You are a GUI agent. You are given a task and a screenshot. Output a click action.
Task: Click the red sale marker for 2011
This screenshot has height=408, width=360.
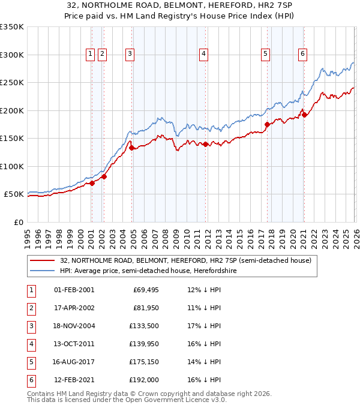[205, 144]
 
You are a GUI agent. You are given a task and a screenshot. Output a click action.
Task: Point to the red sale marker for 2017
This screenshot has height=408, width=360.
[267, 125]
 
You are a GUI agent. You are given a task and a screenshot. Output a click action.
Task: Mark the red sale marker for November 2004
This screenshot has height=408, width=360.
[131, 148]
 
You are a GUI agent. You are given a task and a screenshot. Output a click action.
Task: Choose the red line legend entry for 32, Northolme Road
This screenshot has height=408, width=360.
[185, 261]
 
